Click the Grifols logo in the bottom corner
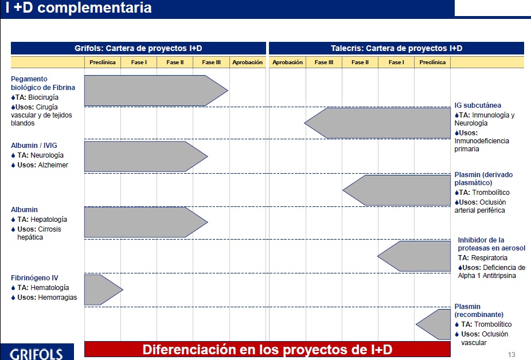click(x=37, y=354)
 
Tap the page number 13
click(x=512, y=355)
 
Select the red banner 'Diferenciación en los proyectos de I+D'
click(x=267, y=349)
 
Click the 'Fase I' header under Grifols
click(x=139, y=62)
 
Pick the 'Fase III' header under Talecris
click(x=324, y=62)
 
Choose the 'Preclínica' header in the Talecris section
click(x=432, y=62)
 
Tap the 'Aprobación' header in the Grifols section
click(x=248, y=62)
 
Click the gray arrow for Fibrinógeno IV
click(x=103, y=289)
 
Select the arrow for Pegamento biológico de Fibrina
click(x=156, y=91)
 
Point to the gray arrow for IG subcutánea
click(x=377, y=123)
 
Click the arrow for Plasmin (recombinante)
click(x=434, y=324)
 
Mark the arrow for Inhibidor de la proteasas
click(x=414, y=256)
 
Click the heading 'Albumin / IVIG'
click(x=34, y=145)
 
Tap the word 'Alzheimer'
click(x=53, y=165)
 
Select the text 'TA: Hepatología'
click(x=42, y=220)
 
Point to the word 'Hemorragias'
click(x=57, y=298)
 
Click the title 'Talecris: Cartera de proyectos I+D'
click(x=396, y=48)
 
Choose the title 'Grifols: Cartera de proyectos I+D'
click(x=138, y=48)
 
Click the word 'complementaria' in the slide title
click(x=95, y=8)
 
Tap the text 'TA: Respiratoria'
click(x=483, y=258)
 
